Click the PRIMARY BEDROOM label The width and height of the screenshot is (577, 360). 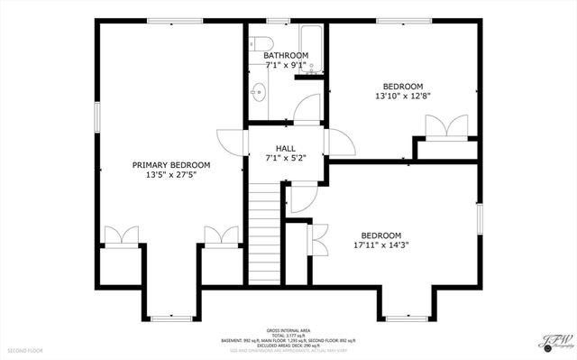coord(171,165)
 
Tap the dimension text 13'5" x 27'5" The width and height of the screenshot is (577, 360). coord(171,175)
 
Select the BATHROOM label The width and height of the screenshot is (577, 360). coord(286,56)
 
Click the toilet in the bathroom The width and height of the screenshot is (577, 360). coord(261,43)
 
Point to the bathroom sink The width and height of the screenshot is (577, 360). coord(259,91)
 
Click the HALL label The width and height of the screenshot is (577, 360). coord(286,148)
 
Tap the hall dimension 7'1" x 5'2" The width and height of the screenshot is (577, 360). coord(286,158)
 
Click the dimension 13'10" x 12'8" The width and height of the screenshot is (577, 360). coord(403,96)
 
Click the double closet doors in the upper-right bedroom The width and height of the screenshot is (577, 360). coord(447,126)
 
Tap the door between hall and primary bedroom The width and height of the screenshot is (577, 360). coord(231,143)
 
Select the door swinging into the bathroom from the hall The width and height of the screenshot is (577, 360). coord(307,110)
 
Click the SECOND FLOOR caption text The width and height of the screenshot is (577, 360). coord(25,350)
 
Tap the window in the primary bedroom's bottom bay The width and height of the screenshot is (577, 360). coord(170,318)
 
